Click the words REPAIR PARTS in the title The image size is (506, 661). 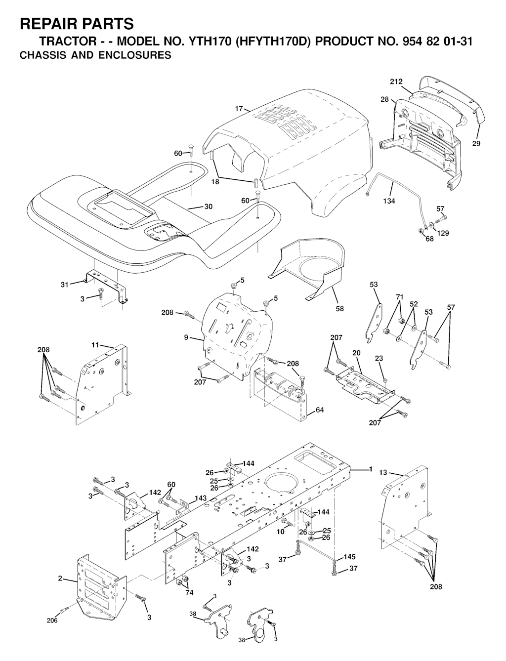point(76,23)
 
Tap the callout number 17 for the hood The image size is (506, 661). point(239,108)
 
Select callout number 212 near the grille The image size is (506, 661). point(396,82)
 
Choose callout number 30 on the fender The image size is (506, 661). point(208,207)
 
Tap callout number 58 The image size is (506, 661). point(339,309)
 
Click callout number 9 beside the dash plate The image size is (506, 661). point(186,338)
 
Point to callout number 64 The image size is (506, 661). point(320,410)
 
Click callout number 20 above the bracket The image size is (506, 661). point(356,353)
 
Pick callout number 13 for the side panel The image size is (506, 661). point(383,473)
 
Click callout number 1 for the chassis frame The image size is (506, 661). point(370,469)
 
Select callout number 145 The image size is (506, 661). point(349,557)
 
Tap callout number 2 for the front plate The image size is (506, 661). point(60,578)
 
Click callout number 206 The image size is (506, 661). point(52,620)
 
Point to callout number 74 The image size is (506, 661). point(189,593)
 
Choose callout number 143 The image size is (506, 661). point(200,498)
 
